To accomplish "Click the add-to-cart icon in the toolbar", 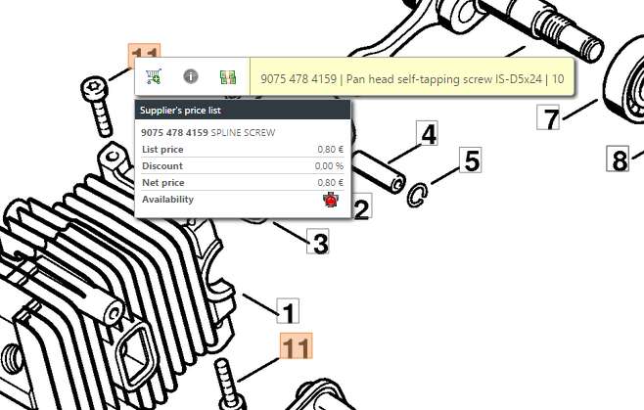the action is point(154,76).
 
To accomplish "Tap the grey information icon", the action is point(191,76).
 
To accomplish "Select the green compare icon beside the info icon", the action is point(228,77).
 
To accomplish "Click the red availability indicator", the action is point(331,200).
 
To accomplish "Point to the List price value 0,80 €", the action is point(330,150).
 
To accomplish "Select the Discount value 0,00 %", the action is point(329,166).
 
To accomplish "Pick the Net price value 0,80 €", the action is point(330,182).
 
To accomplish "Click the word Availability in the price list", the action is point(167,200).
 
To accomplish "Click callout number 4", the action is point(427,133).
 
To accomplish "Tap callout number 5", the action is point(471,160).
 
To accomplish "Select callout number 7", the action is point(548,117).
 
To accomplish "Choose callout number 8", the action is point(619,159).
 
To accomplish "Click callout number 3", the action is point(318,241).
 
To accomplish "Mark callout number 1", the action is point(288,311).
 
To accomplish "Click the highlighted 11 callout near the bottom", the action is point(297,346).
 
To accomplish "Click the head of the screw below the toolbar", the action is point(95,88).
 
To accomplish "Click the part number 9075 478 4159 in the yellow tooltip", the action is point(299,79).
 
